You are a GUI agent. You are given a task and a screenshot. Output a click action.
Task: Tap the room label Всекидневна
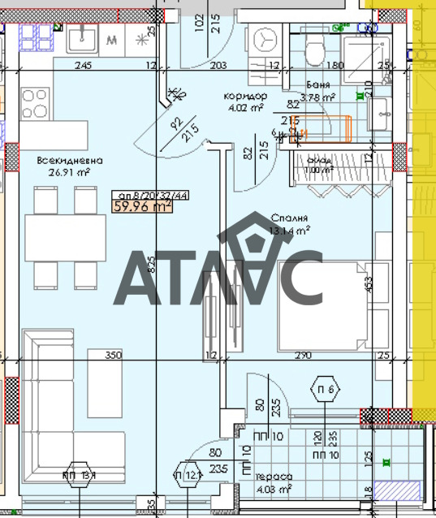coord(63,160)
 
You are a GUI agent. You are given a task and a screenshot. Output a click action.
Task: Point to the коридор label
coord(245,95)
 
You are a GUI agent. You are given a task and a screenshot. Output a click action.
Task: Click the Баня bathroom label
coord(318,84)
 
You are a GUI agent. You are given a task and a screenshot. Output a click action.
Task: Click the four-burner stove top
coord(34,103)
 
